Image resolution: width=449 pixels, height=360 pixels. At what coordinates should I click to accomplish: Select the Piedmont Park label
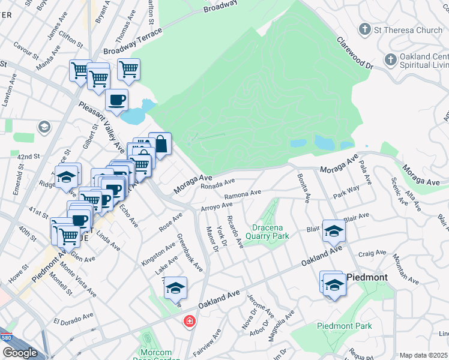[x=344, y=326]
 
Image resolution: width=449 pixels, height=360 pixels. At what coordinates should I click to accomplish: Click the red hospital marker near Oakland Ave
[x=190, y=322]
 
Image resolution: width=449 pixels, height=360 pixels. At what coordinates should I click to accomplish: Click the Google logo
[x=19, y=353]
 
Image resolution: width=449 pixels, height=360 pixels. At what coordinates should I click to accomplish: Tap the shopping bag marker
[x=161, y=144]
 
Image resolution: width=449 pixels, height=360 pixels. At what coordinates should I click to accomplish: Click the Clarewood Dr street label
[x=355, y=53]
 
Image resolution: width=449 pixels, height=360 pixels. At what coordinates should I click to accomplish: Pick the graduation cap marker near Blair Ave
[x=334, y=231]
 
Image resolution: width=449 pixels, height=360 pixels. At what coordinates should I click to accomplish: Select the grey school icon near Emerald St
[x=43, y=127]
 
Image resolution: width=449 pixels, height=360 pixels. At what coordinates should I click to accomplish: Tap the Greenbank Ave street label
[x=190, y=253]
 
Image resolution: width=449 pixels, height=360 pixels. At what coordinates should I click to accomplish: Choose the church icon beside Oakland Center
[x=390, y=59]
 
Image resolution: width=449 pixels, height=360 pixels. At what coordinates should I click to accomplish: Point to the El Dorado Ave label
[x=74, y=318]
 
